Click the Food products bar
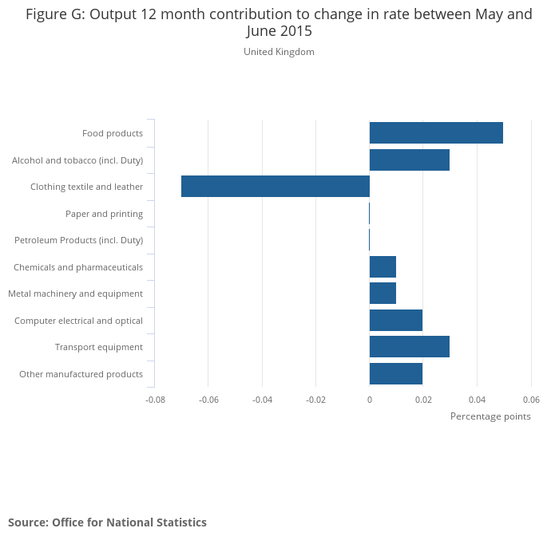(436, 133)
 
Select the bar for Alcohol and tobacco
(410, 160)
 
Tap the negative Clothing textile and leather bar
(276, 187)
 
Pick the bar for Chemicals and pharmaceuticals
(383, 267)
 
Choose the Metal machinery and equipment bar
(383, 294)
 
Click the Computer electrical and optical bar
(396, 321)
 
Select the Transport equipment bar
(410, 347)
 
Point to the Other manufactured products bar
(396, 374)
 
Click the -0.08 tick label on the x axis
(155, 399)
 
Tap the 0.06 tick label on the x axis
(531, 399)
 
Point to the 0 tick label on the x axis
(370, 399)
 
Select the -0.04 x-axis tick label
(262, 399)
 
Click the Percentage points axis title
(490, 416)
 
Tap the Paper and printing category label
(104, 214)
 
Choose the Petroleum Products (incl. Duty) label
(78, 240)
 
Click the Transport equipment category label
(99, 347)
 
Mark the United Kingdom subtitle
(279, 52)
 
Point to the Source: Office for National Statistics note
(107, 522)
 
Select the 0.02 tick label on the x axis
(423, 399)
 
